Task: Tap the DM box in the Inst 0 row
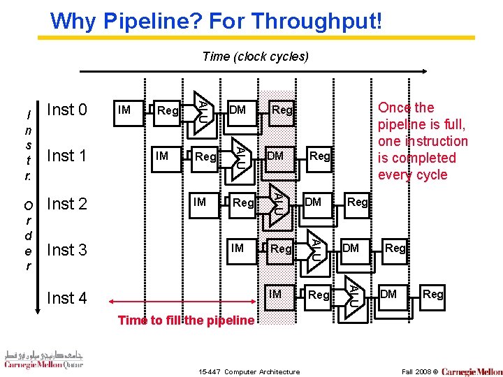tap(238, 110)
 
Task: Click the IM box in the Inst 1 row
tap(163, 156)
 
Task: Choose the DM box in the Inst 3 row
tap(351, 248)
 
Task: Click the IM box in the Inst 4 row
tap(276, 294)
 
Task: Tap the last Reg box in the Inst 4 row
tap(432, 294)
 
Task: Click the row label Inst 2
tap(66, 204)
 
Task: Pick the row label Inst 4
tap(66, 298)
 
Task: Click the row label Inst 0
tap(66, 110)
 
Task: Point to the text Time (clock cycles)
tap(254, 57)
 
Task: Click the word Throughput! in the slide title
tap(318, 21)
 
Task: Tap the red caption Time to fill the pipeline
tap(185, 320)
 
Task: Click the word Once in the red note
tap(395, 108)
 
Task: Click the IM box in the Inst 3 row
tap(238, 248)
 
